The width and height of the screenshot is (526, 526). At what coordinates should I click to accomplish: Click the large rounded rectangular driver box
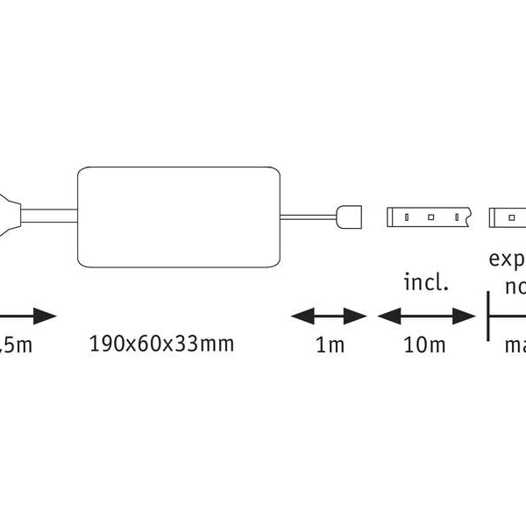[180, 216]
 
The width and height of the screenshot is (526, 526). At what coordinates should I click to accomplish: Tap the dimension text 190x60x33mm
[162, 344]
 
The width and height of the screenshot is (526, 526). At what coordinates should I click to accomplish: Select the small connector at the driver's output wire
[348, 215]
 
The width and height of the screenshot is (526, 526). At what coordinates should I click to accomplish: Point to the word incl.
[426, 282]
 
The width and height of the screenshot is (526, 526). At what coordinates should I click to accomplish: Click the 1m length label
[330, 345]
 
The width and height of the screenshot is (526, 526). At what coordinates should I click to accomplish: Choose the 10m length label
[425, 345]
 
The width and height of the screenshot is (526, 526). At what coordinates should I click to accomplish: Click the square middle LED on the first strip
[431, 216]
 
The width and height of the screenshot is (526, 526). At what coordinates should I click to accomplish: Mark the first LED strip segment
[430, 216]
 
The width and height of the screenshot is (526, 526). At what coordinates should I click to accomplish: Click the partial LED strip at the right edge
[508, 216]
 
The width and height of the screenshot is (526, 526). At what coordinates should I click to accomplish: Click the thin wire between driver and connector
[309, 215]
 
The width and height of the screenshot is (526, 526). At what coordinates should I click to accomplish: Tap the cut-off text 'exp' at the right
[507, 260]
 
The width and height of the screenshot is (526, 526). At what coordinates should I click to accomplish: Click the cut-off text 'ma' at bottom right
[514, 345]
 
